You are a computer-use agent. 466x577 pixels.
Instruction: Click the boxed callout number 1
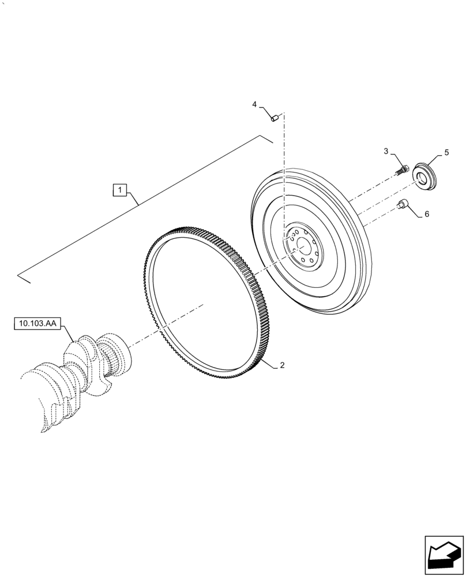click(119, 190)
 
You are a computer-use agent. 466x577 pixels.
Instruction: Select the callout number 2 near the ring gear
click(282, 365)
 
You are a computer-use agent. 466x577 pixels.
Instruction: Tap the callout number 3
click(386, 151)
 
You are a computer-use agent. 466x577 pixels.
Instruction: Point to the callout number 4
click(254, 104)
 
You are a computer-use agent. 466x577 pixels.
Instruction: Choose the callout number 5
click(446, 153)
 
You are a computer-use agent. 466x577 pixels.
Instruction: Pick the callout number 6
click(427, 213)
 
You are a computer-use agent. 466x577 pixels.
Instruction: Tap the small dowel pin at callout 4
click(275, 118)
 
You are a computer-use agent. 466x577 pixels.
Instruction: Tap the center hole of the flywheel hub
click(301, 246)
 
